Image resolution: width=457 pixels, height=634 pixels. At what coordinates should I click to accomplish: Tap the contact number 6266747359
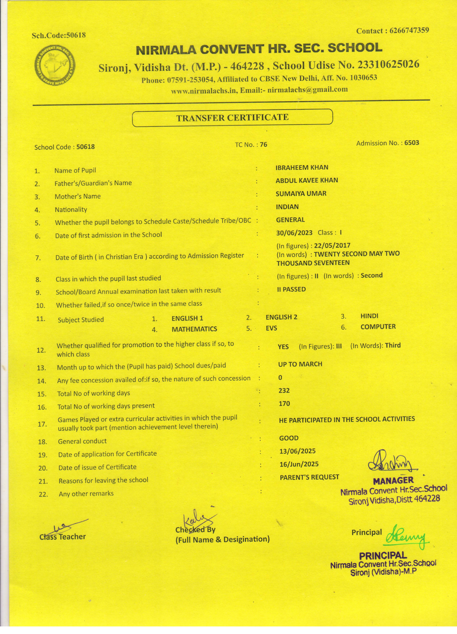coord(409,30)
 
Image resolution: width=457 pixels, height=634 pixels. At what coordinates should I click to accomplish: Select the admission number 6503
coord(412,143)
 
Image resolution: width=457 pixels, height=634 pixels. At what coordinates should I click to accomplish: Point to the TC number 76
coord(263,144)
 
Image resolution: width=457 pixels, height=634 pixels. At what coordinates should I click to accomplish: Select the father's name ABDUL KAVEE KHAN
coord(307,180)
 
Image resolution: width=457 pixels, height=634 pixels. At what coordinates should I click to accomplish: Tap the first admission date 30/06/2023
coord(294,233)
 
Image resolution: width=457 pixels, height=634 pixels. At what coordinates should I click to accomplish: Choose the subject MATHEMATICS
coord(194,329)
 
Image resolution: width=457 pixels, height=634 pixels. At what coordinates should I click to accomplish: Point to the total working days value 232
coord(284,390)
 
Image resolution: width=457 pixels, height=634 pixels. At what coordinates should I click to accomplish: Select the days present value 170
coord(284,403)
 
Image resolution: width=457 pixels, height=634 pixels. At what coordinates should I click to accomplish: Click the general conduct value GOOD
coord(289,438)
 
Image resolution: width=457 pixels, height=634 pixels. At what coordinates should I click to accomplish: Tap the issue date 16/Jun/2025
coord(299,464)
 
